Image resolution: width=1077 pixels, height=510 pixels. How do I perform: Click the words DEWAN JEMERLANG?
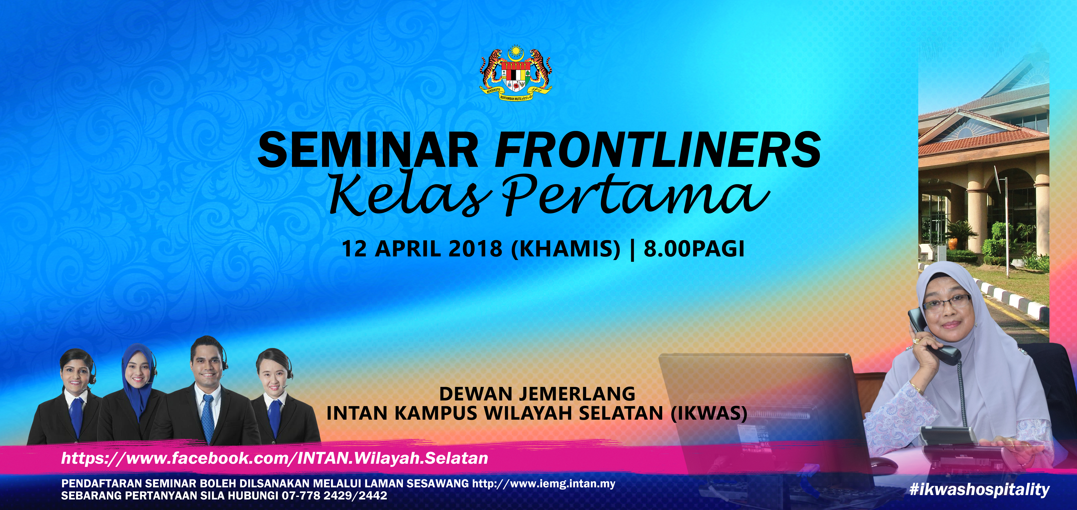(537, 394)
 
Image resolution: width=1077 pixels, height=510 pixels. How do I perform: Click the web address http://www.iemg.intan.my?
(544, 484)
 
